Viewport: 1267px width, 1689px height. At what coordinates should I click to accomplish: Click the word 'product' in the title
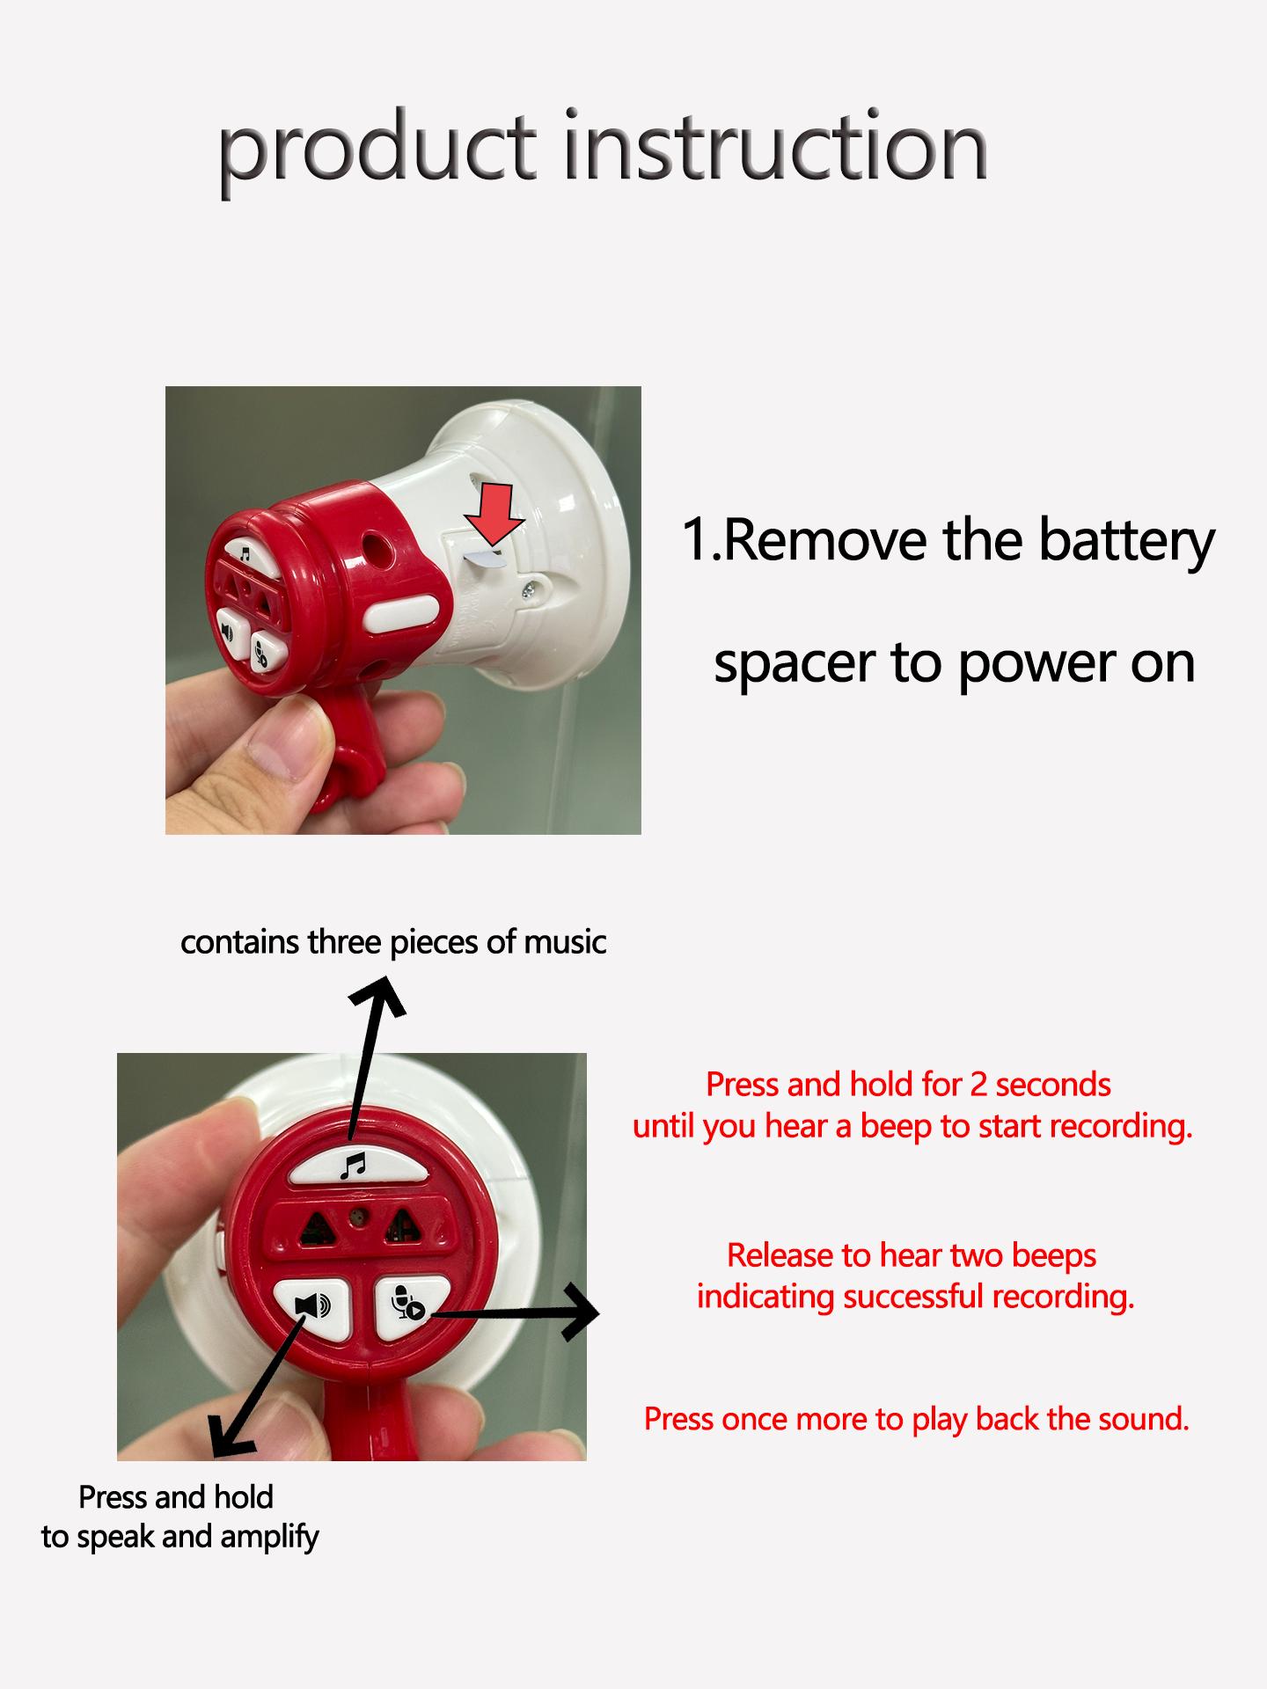(377, 147)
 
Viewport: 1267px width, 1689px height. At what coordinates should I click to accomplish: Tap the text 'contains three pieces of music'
(393, 942)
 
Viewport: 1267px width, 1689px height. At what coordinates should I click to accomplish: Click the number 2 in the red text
(978, 1085)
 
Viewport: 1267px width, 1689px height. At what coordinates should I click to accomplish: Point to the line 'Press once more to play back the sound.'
(916, 1419)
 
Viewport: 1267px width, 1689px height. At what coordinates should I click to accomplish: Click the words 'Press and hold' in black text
(176, 1496)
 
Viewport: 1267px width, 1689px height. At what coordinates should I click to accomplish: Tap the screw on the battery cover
(532, 591)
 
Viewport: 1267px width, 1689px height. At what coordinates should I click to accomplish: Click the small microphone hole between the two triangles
(356, 1216)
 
